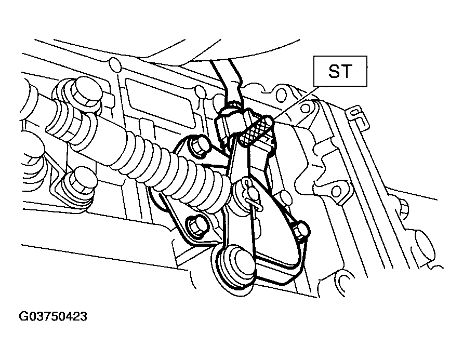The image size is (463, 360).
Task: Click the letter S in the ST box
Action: (x=334, y=71)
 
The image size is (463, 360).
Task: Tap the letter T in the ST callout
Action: (x=347, y=71)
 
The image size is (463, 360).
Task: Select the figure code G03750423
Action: (x=53, y=316)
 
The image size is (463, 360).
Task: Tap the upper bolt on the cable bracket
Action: (x=199, y=145)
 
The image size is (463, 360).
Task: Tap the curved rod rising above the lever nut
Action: (x=228, y=79)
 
